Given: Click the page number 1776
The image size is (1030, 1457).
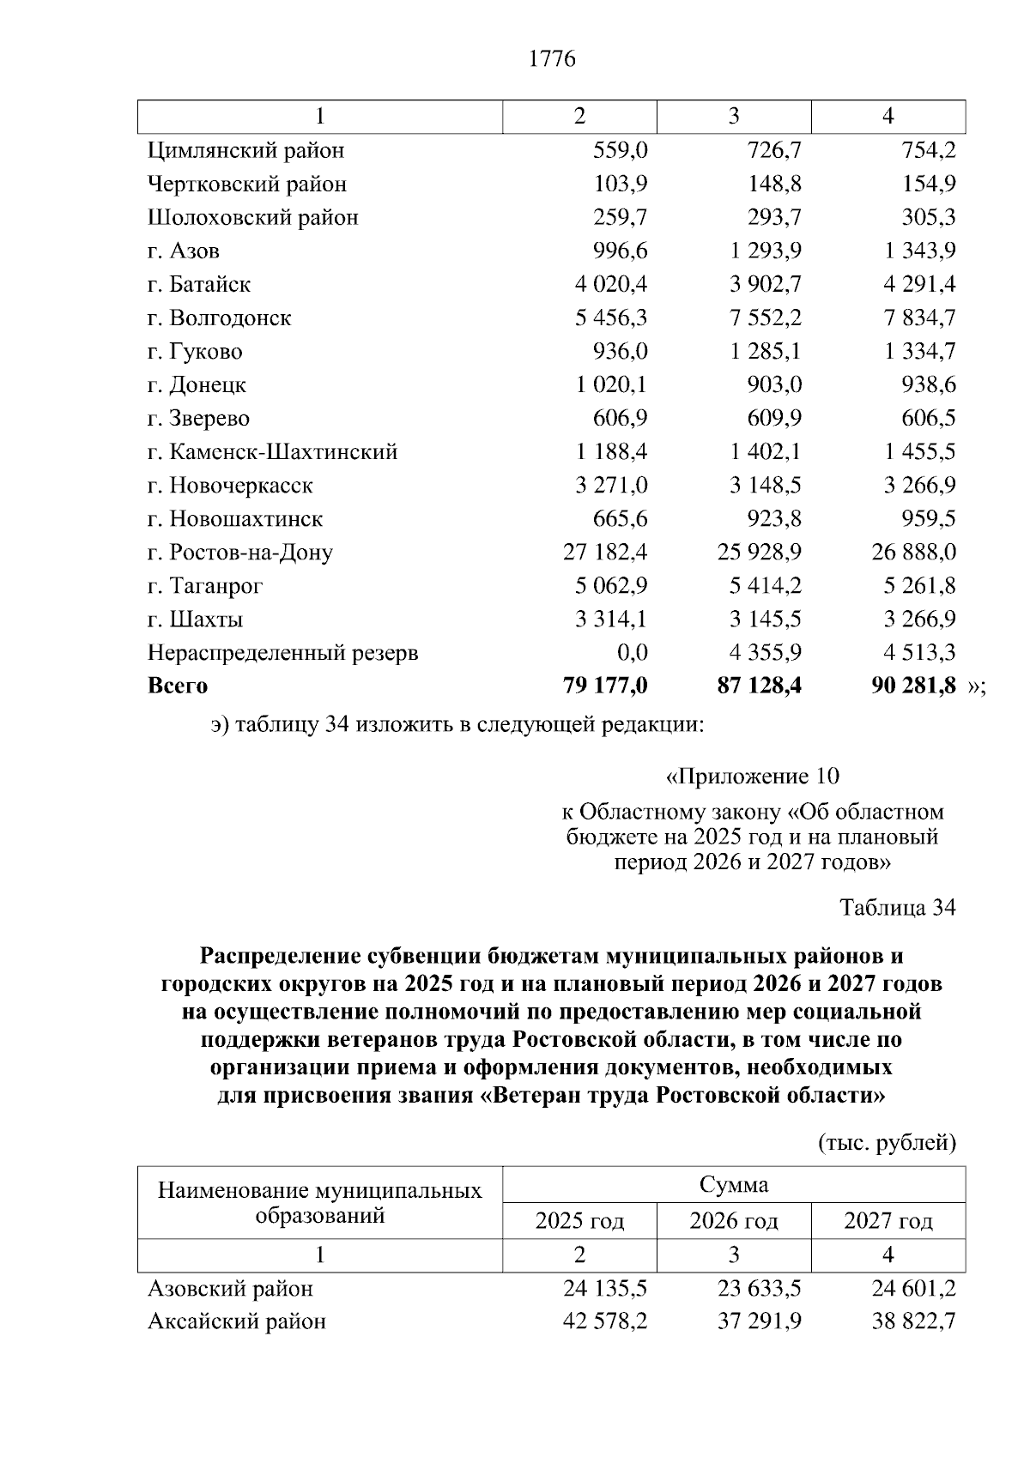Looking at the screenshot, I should (x=551, y=59).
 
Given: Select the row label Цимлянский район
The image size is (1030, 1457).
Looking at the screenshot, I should (x=245, y=151).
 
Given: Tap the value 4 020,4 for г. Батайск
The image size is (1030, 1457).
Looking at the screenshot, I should (x=611, y=284).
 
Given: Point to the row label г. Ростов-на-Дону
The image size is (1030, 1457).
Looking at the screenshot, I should (x=239, y=553).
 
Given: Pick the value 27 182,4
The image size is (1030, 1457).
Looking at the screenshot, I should (x=605, y=553).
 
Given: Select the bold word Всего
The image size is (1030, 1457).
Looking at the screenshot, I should (x=178, y=686).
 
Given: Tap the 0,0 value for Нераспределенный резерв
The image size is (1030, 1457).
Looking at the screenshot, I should (x=633, y=653).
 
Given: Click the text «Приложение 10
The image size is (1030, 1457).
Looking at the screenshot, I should (x=752, y=777).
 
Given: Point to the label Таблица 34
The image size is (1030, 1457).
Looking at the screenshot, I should (x=897, y=908).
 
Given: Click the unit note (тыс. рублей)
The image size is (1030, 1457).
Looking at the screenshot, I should (x=887, y=1143).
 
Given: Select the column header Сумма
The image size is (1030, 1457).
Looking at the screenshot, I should (x=734, y=1186).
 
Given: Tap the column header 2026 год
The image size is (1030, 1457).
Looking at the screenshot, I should (x=734, y=1221).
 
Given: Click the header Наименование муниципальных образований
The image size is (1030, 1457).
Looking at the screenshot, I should (x=320, y=1203).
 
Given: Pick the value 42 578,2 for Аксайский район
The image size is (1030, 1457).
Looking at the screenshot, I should (x=605, y=1321).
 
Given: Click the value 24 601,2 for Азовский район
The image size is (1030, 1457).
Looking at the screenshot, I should (x=914, y=1289).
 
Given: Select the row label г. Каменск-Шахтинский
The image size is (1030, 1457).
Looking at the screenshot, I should (x=272, y=452).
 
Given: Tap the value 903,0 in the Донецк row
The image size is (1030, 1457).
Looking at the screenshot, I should (x=774, y=385).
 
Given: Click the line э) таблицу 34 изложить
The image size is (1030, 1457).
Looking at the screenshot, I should (x=457, y=726).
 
